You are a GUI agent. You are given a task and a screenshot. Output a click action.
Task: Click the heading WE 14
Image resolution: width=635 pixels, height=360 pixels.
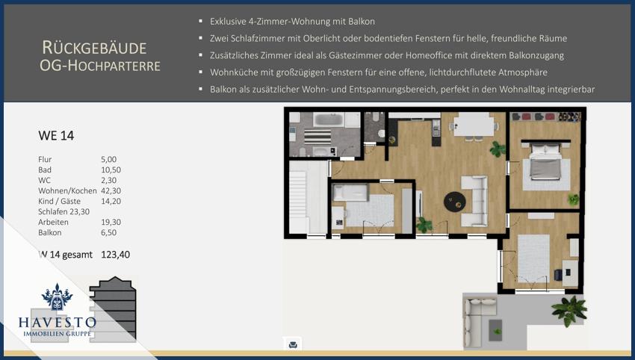[56, 136]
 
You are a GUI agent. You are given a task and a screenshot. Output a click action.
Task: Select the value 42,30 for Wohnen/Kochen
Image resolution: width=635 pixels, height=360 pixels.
[111, 190]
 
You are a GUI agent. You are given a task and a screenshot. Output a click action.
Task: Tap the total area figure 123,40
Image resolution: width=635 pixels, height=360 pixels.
[115, 255]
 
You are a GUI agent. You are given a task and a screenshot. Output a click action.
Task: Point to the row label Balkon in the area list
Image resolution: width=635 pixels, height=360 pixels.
[50, 233]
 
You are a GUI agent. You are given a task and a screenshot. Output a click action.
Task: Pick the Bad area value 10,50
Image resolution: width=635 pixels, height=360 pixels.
[111, 170]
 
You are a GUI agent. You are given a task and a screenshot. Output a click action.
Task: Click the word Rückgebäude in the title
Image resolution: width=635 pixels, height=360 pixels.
[94, 49]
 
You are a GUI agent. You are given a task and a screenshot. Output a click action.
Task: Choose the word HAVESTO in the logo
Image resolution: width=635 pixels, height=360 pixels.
[57, 323]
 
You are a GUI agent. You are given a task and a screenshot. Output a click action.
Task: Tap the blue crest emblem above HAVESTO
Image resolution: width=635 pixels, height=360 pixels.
[57, 297]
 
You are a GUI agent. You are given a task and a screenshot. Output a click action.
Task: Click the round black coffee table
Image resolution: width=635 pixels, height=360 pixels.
[455, 201]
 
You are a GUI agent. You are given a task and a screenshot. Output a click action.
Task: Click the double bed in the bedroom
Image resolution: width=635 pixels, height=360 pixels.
[545, 161]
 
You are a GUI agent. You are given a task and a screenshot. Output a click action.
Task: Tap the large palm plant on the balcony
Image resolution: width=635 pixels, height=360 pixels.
[569, 311]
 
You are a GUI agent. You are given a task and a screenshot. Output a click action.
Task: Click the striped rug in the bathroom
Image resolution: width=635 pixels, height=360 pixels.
[317, 137]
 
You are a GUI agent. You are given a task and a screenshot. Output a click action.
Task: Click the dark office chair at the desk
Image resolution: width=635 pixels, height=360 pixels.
[558, 275]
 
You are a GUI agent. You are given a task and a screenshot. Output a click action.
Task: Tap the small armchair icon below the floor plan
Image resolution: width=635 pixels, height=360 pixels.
[293, 344]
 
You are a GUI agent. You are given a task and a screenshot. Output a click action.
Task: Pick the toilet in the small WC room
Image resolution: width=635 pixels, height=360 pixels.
[381, 133]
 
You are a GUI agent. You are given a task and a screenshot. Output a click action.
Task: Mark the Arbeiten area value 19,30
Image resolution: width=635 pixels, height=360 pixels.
[111, 223]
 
